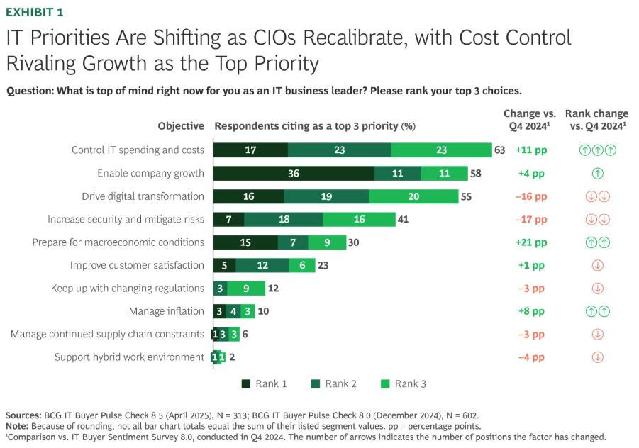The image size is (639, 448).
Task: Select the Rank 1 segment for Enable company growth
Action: (x=294, y=173)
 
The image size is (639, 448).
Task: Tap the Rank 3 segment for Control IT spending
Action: (x=441, y=150)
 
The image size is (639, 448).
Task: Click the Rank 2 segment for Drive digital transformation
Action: (x=326, y=196)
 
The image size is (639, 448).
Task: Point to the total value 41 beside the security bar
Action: (x=403, y=219)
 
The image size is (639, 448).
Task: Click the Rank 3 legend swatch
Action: (x=385, y=384)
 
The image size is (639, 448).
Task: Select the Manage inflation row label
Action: (x=166, y=311)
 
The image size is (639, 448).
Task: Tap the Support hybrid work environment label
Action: (x=129, y=357)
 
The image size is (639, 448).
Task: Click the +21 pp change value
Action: (x=530, y=242)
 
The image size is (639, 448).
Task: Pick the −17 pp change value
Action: (x=530, y=219)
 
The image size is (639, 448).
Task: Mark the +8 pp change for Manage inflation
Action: (x=530, y=311)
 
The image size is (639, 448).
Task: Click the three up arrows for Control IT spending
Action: (x=597, y=150)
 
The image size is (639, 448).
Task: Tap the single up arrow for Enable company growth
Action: (x=597, y=173)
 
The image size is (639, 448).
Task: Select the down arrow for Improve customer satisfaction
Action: (x=597, y=265)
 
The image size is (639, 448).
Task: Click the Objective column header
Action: (x=181, y=126)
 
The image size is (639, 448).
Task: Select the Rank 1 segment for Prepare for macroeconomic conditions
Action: (x=245, y=242)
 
